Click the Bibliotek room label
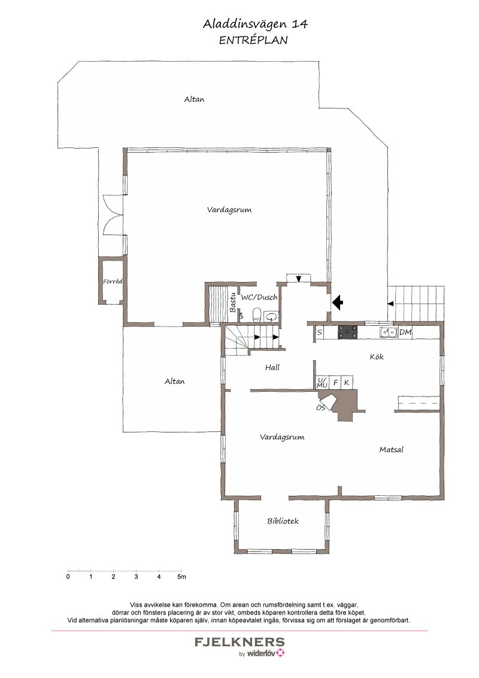pos(283,521)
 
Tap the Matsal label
pos(391,450)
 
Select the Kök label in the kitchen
pos(377,357)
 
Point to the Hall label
pos(272,368)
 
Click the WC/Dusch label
pos(259,298)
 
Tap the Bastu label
pos(232,302)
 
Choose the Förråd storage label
pos(113,281)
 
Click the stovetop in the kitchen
pos(348,332)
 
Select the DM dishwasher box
pos(405,332)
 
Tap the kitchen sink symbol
pos(389,332)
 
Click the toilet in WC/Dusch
pos(256,316)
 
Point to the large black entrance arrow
pos(337,302)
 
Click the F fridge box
pos(335,382)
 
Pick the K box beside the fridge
pos(347,382)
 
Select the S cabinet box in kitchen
pos(320,332)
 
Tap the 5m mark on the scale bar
pos(181,576)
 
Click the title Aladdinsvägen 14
pos(256,24)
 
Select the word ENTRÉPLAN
pos(253,40)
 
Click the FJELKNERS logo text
pos(239,641)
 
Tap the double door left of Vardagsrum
pos(113,216)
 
